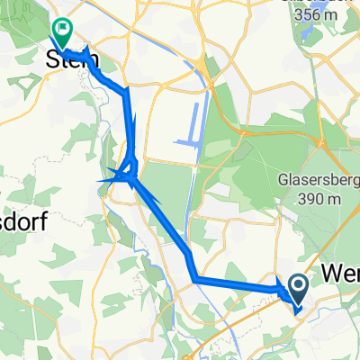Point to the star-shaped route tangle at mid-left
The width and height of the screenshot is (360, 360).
tap(126, 175)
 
